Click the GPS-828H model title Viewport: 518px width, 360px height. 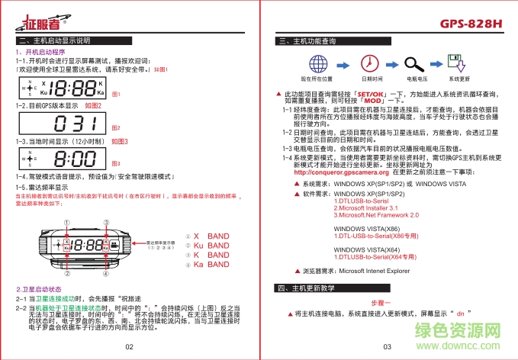click(471, 24)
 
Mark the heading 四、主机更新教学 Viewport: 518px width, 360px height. click(307, 288)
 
